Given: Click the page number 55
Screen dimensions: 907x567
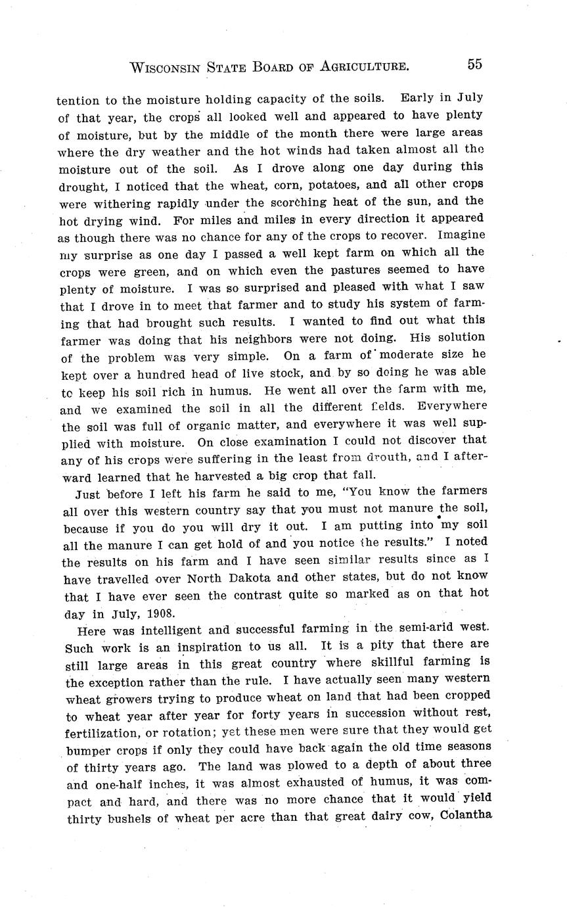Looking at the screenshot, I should tap(474, 64).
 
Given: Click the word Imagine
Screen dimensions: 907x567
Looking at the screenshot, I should tap(461, 235).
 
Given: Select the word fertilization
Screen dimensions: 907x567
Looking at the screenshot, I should tap(106, 730).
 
